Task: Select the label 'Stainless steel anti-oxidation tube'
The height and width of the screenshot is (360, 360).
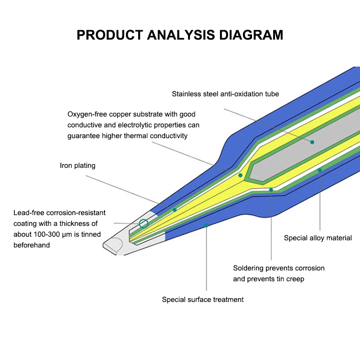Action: click(225, 94)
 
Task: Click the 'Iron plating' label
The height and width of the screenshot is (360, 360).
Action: click(77, 166)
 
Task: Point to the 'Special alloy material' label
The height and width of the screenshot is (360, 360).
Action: click(318, 238)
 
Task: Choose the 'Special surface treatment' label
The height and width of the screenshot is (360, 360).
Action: click(202, 299)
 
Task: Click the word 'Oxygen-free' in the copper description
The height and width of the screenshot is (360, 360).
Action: click(86, 114)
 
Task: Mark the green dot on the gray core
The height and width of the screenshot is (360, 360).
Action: click(312, 142)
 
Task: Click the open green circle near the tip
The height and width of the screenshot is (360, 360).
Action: click(144, 223)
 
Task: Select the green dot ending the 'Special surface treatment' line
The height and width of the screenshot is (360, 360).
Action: click(207, 225)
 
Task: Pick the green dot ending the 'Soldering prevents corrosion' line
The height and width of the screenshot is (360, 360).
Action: click(271, 190)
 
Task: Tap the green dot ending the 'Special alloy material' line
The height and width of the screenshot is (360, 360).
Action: click(319, 170)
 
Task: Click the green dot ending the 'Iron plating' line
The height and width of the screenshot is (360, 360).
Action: click(175, 210)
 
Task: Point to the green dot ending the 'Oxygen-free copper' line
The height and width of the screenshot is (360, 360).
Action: click(240, 175)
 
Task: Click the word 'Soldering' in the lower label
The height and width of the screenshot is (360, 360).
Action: click(248, 268)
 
